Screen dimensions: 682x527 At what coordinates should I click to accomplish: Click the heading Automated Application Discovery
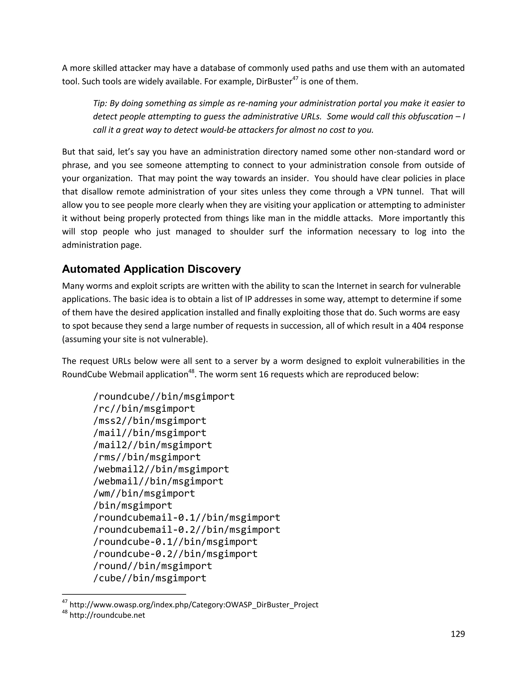[151, 269]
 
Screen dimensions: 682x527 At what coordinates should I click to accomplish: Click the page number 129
[458, 634]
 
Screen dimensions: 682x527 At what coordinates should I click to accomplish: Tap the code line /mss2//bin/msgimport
[150, 421]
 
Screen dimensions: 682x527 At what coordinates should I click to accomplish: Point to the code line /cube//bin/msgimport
[150, 578]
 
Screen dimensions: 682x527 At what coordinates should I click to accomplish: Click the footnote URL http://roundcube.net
[107, 615]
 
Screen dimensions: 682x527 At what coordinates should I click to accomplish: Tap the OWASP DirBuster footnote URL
[194, 605]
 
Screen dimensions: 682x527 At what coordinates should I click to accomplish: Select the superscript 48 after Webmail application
[191, 372]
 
